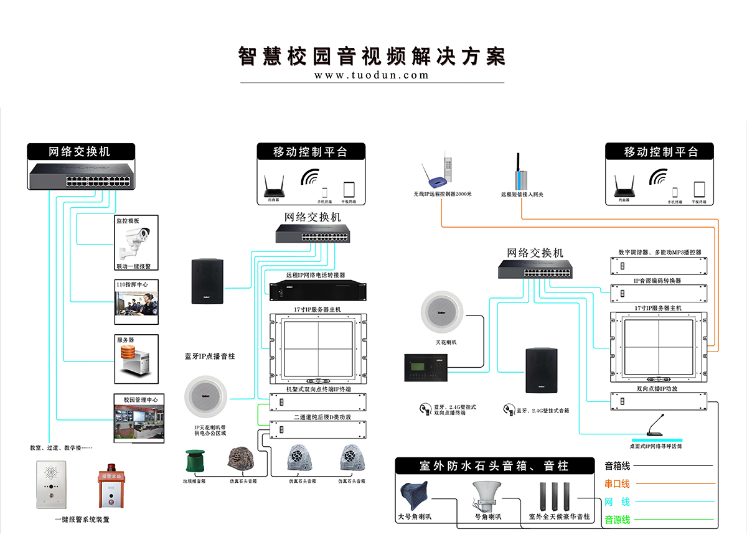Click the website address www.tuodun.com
click(372, 75)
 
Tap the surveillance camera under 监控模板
click(136, 243)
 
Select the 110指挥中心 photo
click(136, 305)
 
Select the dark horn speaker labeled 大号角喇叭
click(415, 495)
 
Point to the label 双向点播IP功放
click(657, 388)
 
